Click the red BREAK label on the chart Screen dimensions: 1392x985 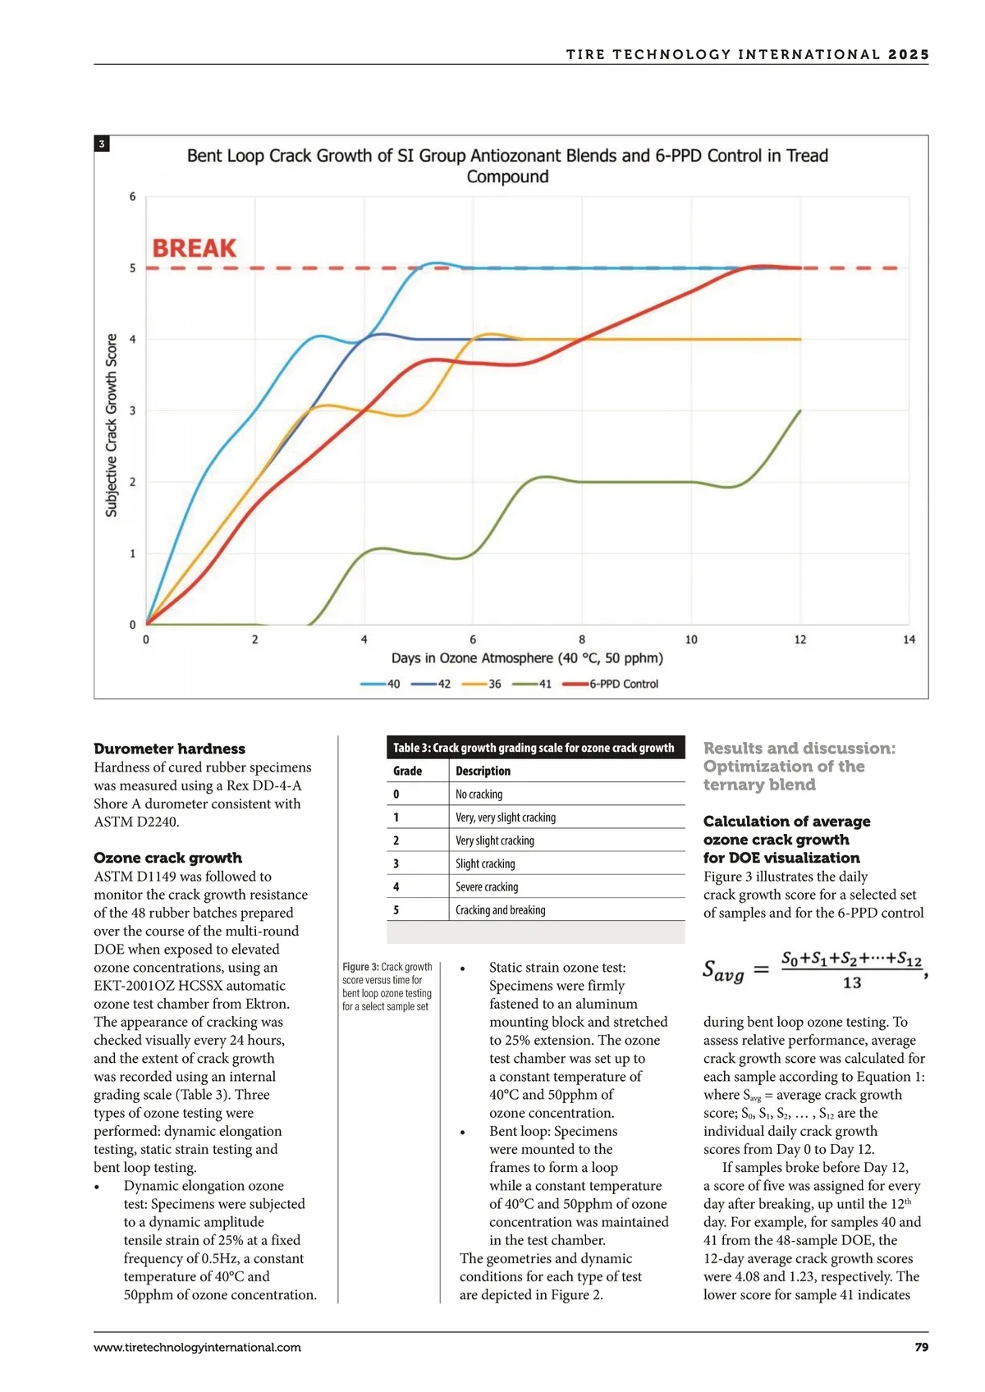tap(195, 248)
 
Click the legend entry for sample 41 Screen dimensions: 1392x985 tap(544, 684)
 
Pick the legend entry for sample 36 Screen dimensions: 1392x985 tap(494, 684)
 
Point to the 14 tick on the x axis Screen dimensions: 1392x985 tap(909, 639)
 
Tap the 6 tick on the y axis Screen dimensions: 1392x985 tap(132, 197)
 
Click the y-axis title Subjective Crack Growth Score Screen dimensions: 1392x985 tap(112, 425)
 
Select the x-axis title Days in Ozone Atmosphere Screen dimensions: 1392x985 tap(527, 658)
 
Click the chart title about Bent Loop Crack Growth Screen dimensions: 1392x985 tap(507, 166)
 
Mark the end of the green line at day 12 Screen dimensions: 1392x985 tap(799, 411)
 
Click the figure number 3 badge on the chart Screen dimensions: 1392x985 tap(102, 144)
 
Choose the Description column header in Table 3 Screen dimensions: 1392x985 tap(483, 771)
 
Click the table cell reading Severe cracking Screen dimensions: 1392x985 tap(487, 886)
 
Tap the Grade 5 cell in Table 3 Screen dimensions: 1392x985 tap(396, 909)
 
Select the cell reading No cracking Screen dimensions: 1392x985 tap(479, 794)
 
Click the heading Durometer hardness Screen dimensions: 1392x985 tap(169, 749)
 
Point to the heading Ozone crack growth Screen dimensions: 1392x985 tap(167, 858)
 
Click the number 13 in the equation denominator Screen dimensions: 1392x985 tap(852, 982)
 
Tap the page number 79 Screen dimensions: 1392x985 tap(921, 1347)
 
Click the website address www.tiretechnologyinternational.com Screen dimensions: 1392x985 tap(197, 1347)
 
